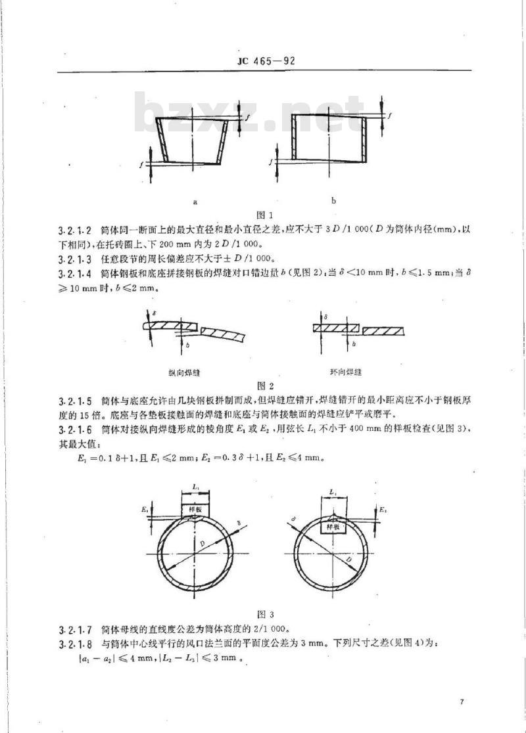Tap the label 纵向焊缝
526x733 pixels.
pyautogui.click(x=184, y=372)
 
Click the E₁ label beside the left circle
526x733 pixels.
pyautogui.click(x=144, y=509)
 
